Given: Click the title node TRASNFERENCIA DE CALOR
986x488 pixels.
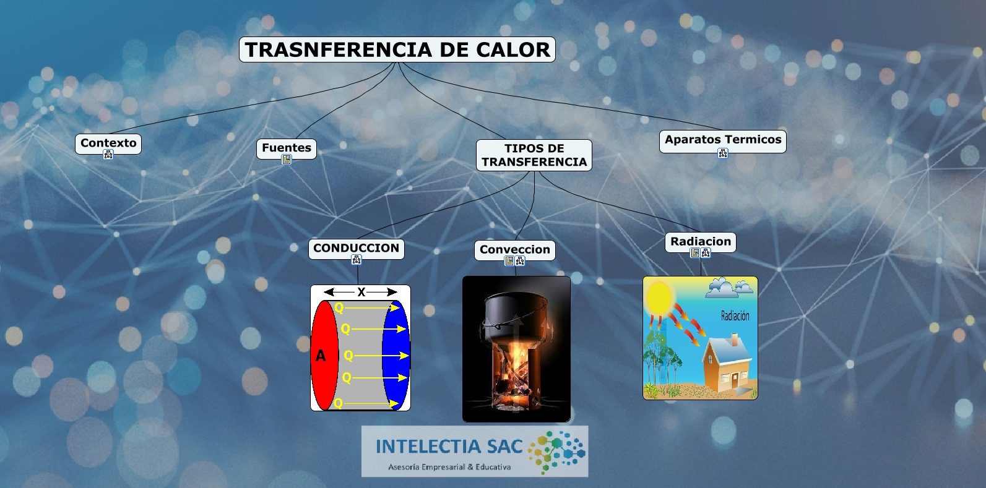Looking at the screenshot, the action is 397,49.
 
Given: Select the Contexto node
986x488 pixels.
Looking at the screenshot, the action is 108,143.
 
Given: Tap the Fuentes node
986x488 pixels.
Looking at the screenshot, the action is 287,148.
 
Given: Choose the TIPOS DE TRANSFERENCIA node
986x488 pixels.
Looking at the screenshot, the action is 534,155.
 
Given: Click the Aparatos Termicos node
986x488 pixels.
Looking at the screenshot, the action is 723,140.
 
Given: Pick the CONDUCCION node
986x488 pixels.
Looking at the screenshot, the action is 356,249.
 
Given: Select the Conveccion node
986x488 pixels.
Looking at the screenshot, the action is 514,250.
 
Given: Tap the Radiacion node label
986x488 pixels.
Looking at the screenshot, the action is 700,242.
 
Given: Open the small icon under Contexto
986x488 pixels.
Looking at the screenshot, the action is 108,155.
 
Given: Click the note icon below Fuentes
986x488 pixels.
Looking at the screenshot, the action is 287,160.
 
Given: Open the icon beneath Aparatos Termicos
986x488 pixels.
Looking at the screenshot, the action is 723,153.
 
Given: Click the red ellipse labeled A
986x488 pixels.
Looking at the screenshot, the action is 324,355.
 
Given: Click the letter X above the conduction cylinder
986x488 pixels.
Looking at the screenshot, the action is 361,292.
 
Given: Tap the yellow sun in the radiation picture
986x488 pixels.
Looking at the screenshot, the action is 659,298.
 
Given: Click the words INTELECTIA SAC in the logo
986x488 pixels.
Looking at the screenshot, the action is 449,447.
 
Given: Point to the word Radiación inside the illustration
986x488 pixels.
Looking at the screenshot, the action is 735,315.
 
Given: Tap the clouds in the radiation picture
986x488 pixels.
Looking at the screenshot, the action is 729,288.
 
